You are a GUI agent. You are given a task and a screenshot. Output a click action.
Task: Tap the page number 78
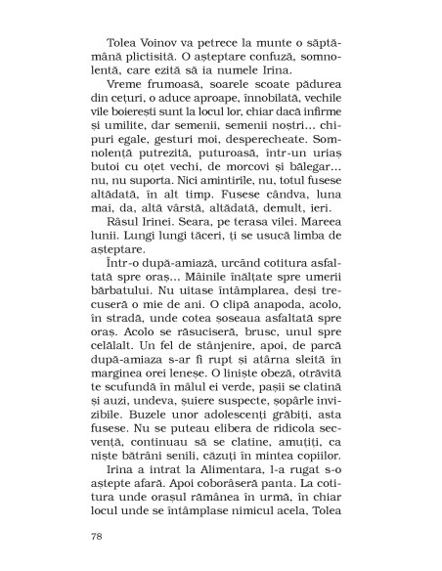(x=96, y=537)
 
